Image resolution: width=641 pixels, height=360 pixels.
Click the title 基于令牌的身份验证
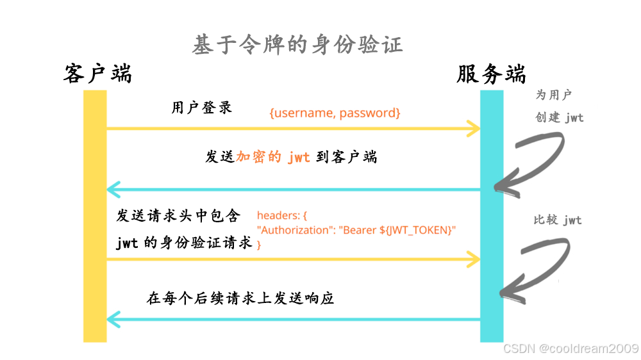[297, 45]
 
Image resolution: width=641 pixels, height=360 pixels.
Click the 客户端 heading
[97, 74]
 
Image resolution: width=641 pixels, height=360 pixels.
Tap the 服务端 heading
[491, 74]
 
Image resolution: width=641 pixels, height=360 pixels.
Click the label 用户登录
[201, 107]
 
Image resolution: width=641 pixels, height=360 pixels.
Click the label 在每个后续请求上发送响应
[240, 299]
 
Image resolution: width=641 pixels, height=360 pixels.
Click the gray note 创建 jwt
[559, 118]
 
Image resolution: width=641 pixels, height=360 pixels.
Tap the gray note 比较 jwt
[558, 220]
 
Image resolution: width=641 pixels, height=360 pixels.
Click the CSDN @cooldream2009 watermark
[570, 348]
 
